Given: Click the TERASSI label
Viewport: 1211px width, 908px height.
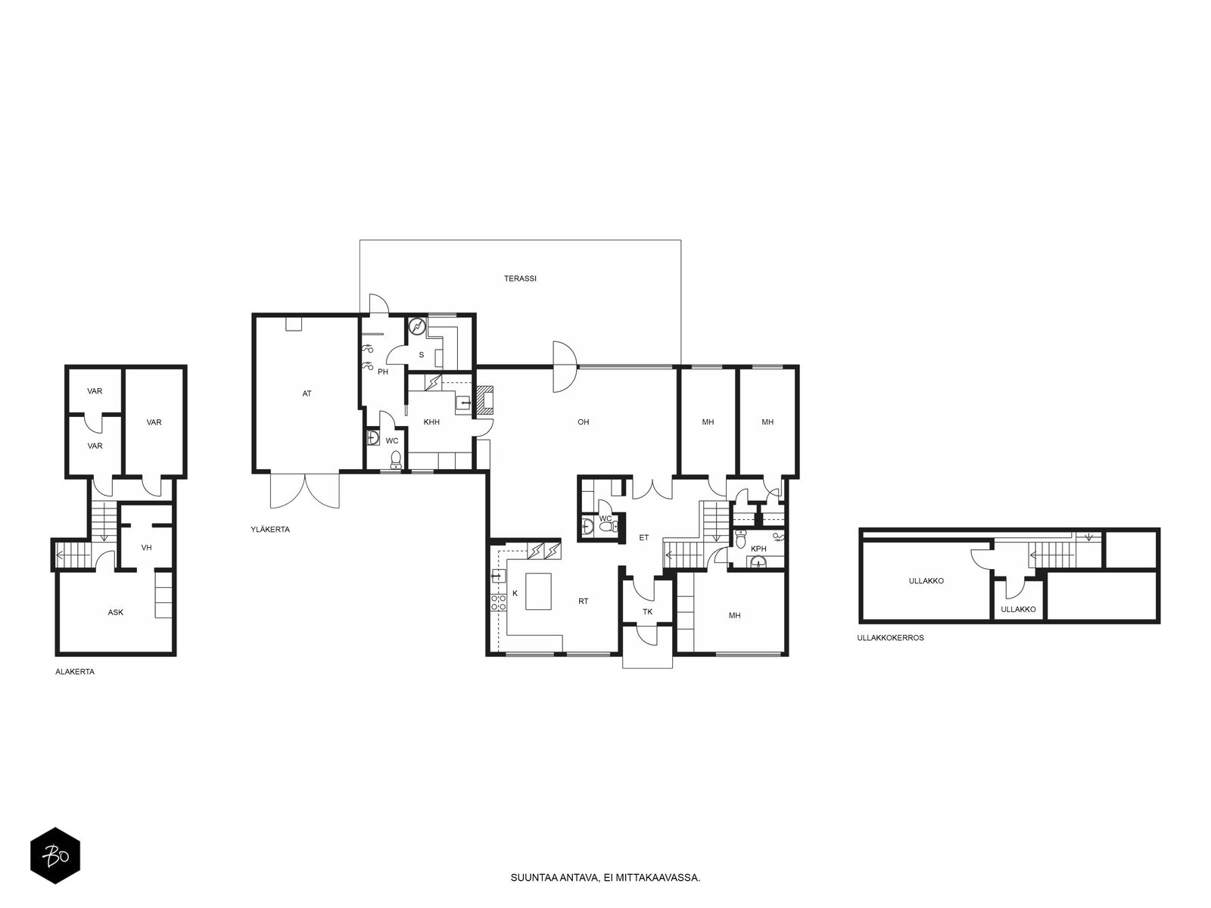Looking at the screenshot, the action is pyautogui.click(x=520, y=278).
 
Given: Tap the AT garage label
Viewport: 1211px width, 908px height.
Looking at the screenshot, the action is pyautogui.click(x=307, y=393).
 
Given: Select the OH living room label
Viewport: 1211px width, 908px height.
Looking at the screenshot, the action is pyautogui.click(x=583, y=421).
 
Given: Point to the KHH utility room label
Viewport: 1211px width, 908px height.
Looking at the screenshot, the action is pyautogui.click(x=431, y=422).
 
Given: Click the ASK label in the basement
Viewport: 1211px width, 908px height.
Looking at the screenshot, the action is pyautogui.click(x=115, y=612).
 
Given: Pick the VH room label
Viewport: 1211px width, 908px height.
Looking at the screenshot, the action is pyautogui.click(x=146, y=547).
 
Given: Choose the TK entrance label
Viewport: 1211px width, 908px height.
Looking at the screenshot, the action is pyautogui.click(x=648, y=611).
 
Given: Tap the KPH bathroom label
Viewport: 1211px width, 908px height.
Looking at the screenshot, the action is pyautogui.click(x=758, y=549).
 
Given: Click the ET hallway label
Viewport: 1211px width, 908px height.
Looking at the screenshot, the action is pyautogui.click(x=644, y=537).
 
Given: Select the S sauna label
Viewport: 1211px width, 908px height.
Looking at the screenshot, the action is pyautogui.click(x=422, y=354).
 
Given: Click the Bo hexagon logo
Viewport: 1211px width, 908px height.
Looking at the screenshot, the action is pyautogui.click(x=55, y=856).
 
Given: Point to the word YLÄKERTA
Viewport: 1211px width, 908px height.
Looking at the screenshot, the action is pyautogui.click(x=269, y=529).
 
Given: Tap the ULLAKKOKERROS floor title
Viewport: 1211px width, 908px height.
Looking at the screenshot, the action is pyautogui.click(x=890, y=637).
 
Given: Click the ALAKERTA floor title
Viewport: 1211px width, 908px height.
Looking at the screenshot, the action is pyautogui.click(x=75, y=671).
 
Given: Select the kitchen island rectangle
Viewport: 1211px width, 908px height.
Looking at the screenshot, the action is pyautogui.click(x=538, y=591).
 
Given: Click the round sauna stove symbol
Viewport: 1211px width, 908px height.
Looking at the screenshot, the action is pyautogui.click(x=418, y=327).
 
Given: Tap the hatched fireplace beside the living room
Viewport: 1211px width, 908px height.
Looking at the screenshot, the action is pyautogui.click(x=484, y=400).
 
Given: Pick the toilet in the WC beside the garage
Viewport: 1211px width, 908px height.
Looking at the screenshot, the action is pyautogui.click(x=395, y=460).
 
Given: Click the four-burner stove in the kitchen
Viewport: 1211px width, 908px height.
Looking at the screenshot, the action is pyautogui.click(x=499, y=602).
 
